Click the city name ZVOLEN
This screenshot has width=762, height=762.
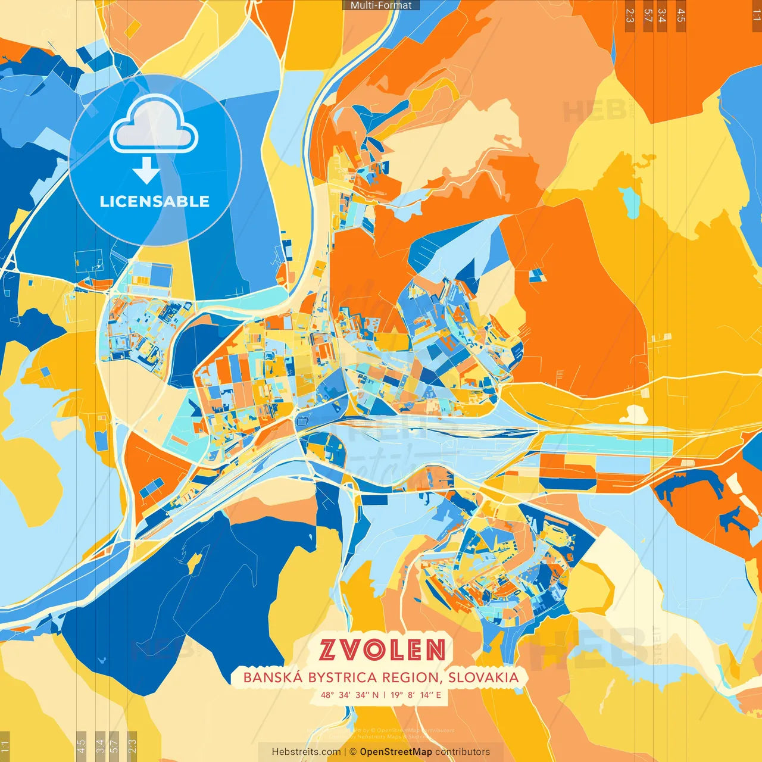tap(382, 650)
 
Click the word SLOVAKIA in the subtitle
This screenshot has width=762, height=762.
tap(483, 677)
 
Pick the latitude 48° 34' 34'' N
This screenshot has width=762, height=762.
tap(349, 695)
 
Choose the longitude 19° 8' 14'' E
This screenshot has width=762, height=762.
tap(416, 695)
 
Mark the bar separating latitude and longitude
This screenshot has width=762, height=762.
tap(385, 695)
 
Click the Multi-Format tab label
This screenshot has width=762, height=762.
tap(381, 5)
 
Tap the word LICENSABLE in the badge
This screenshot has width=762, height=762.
tap(155, 201)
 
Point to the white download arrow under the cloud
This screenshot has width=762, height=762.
tap(146, 170)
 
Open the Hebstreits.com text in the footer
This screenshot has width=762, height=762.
tap(307, 752)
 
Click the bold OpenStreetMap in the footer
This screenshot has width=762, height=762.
tap(396, 752)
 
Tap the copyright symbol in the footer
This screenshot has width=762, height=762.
tap(353, 752)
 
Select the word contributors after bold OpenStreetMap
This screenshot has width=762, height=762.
tap(463, 752)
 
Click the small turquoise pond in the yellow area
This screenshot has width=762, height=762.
tap(629, 202)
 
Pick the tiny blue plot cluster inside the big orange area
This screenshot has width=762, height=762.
tap(537, 275)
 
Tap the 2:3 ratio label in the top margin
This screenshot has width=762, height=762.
tap(630, 15)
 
